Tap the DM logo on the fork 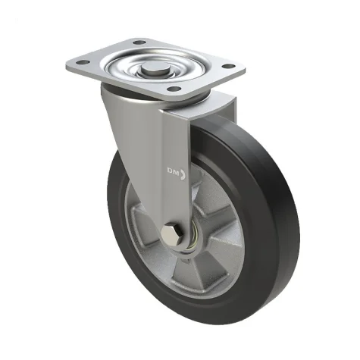coord(177,173)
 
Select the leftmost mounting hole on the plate coord(83,62)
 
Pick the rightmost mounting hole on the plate coord(228,66)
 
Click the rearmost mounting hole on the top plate coord(139,42)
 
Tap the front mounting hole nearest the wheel coord(174,89)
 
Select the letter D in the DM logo coord(170,171)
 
